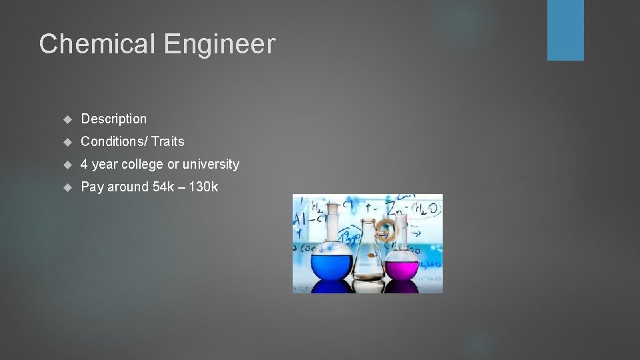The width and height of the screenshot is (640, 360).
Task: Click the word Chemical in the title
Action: coord(97,45)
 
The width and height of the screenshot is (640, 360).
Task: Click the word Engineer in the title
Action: coord(219,45)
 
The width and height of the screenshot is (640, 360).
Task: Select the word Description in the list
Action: coord(113,119)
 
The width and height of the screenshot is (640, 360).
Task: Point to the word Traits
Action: coord(167,141)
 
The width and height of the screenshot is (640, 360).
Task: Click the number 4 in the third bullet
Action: coord(84,164)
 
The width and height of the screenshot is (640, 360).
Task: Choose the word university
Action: coord(211,164)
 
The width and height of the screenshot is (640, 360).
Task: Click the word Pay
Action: coord(92,187)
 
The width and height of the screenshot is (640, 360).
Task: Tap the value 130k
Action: coord(203,187)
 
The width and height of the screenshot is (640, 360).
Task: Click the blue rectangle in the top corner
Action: coord(565,30)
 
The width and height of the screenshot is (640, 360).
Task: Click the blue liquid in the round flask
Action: coord(332,266)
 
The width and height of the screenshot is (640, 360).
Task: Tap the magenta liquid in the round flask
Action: coord(402,268)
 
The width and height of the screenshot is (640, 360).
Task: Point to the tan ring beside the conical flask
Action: coord(386,229)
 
